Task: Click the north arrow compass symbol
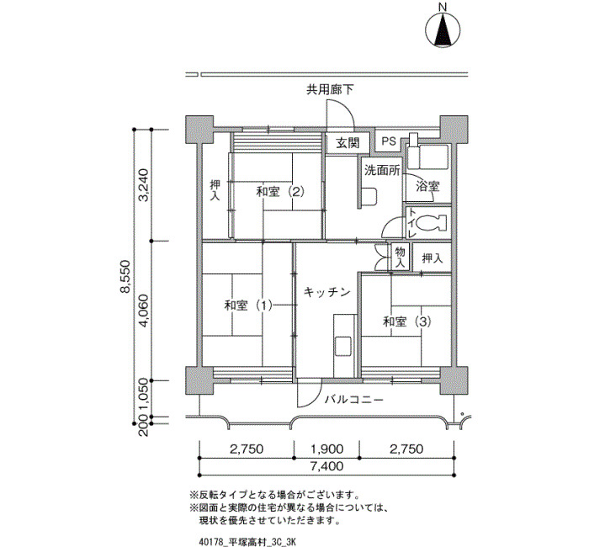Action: pyautogui.click(x=443, y=30)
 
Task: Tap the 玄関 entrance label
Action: pyautogui.click(x=348, y=143)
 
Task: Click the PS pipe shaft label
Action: pyautogui.click(x=389, y=141)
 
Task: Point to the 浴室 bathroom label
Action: pyautogui.click(x=427, y=186)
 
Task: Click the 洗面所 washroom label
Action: pyautogui.click(x=382, y=171)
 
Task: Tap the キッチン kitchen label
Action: pyautogui.click(x=326, y=292)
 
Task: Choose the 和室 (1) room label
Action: pyautogui.click(x=248, y=305)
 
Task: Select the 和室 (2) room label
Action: pyautogui.click(x=280, y=192)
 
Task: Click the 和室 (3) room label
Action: pyautogui.click(x=407, y=321)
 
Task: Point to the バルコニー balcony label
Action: pyautogui.click(x=354, y=399)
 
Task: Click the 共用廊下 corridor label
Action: pyautogui.click(x=330, y=89)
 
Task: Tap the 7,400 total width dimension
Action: pyautogui.click(x=326, y=466)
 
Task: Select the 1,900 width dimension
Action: pyautogui.click(x=326, y=449)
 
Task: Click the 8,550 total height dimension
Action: pyautogui.click(x=125, y=276)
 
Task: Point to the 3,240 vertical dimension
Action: pyautogui.click(x=144, y=185)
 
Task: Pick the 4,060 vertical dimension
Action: pyautogui.click(x=144, y=311)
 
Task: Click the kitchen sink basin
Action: pyautogui.click(x=343, y=347)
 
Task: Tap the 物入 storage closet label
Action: pyautogui.click(x=400, y=258)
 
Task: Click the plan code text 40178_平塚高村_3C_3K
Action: pyautogui.click(x=247, y=542)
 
